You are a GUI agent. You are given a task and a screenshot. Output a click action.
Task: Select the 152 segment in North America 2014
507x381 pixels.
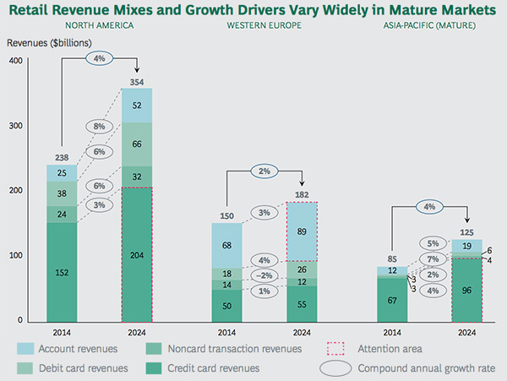click(x=61, y=271)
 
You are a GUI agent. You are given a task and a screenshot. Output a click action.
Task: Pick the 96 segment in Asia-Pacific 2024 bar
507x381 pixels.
click(x=467, y=289)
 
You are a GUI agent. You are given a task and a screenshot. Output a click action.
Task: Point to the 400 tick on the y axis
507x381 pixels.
click(x=15, y=61)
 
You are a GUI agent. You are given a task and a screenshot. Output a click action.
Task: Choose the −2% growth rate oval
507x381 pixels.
click(x=264, y=275)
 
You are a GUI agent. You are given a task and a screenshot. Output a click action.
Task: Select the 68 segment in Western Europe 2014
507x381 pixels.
click(x=226, y=245)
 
